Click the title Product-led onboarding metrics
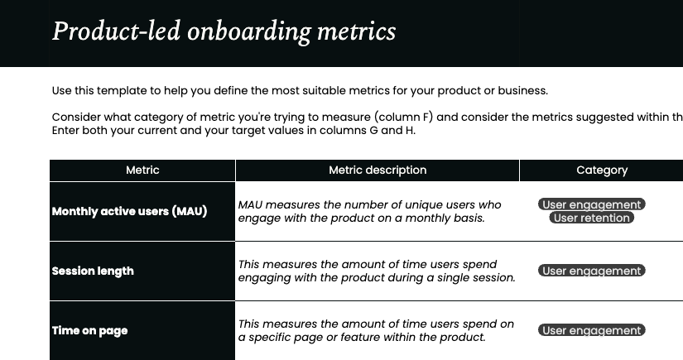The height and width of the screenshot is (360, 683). tap(224, 31)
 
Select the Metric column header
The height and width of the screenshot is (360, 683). tap(142, 170)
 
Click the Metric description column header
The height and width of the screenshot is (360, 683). tap(378, 170)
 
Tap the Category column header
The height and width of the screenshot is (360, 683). tap(602, 170)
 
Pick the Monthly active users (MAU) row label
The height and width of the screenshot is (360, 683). tap(129, 211)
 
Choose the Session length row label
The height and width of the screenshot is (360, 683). tap(93, 271)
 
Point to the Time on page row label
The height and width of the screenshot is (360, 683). tap(89, 330)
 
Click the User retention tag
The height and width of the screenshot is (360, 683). tap(591, 218)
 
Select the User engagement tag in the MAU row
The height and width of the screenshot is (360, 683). tap(591, 204)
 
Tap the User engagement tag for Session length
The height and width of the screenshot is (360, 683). tap(591, 271)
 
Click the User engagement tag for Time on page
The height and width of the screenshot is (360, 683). tap(591, 330)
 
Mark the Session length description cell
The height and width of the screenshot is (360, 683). tap(377, 271)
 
